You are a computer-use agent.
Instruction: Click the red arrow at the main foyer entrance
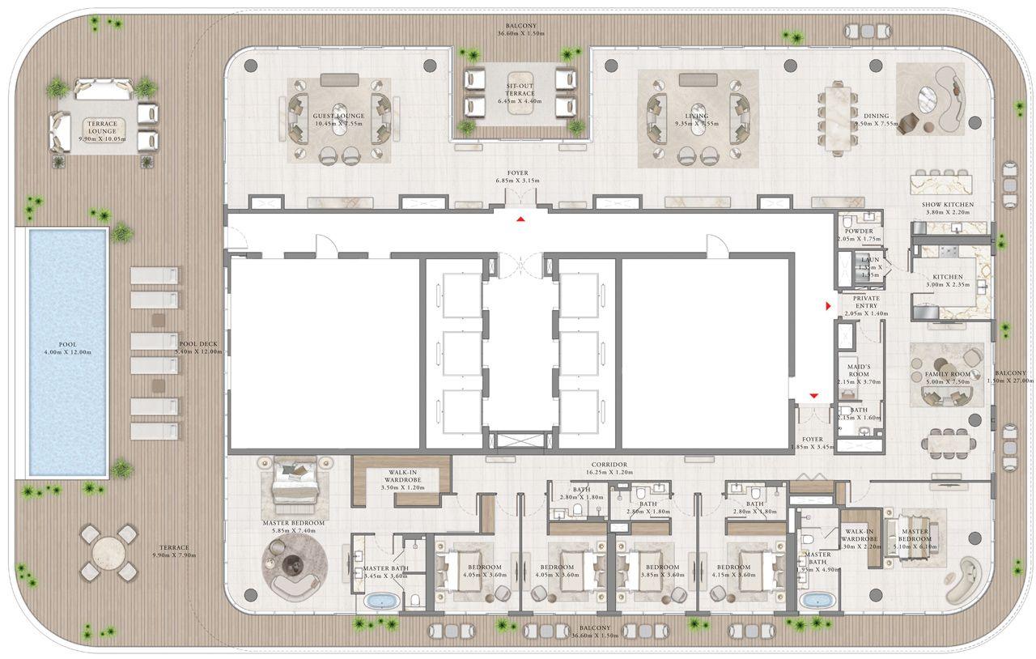pyautogui.click(x=521, y=219)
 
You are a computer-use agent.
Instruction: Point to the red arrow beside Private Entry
pyautogui.click(x=828, y=306)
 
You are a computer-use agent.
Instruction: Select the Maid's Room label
pyautogui.click(x=855, y=371)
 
